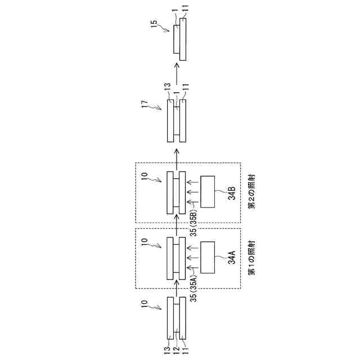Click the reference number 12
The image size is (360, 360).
(x=177, y=350)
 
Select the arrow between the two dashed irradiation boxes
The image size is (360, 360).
(x=177, y=225)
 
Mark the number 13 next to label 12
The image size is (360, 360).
(x=168, y=350)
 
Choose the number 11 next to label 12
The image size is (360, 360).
(x=185, y=350)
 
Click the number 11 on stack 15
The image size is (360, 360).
(x=185, y=9)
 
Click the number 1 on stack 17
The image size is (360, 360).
(x=176, y=89)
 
